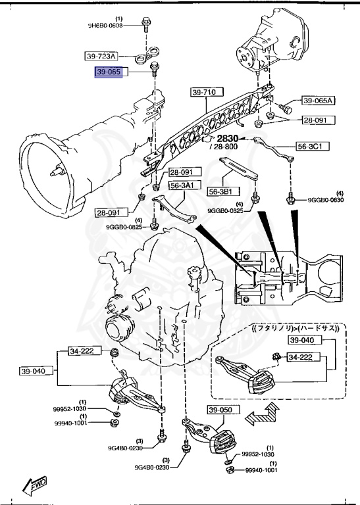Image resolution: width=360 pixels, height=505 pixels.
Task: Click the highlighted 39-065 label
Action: [109, 72]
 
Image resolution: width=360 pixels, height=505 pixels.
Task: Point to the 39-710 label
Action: [204, 93]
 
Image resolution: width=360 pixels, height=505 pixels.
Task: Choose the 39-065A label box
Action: [319, 101]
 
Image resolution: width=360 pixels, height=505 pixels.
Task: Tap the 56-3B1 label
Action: [222, 191]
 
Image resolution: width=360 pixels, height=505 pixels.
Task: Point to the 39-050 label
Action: [221, 411]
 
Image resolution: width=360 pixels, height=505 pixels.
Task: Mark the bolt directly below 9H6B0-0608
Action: [145, 27]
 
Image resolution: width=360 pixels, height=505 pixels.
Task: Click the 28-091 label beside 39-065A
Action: [319, 121]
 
